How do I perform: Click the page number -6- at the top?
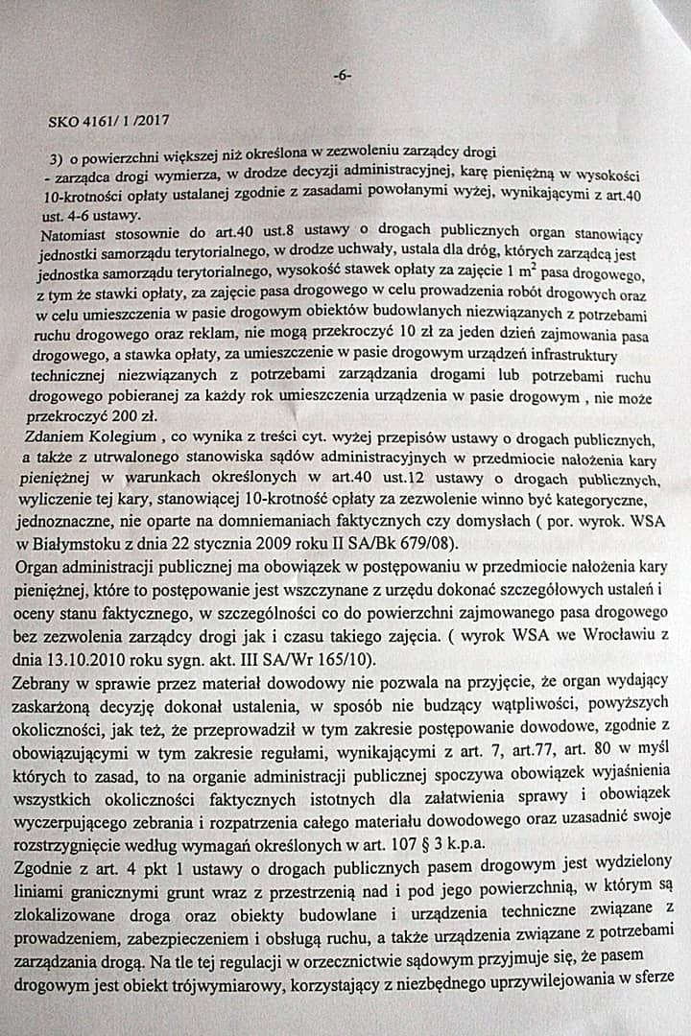(342, 76)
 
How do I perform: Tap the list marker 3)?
(56, 157)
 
